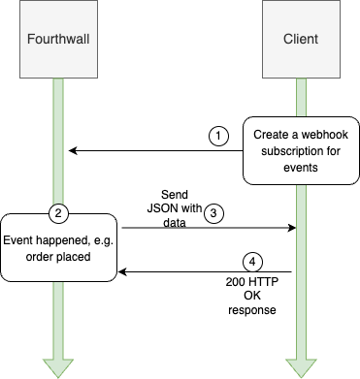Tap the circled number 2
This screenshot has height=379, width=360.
point(57,211)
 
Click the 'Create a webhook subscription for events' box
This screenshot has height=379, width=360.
point(300,150)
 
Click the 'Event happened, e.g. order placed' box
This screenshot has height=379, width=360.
point(58,241)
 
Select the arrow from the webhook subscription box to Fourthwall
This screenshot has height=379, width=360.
point(155,150)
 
